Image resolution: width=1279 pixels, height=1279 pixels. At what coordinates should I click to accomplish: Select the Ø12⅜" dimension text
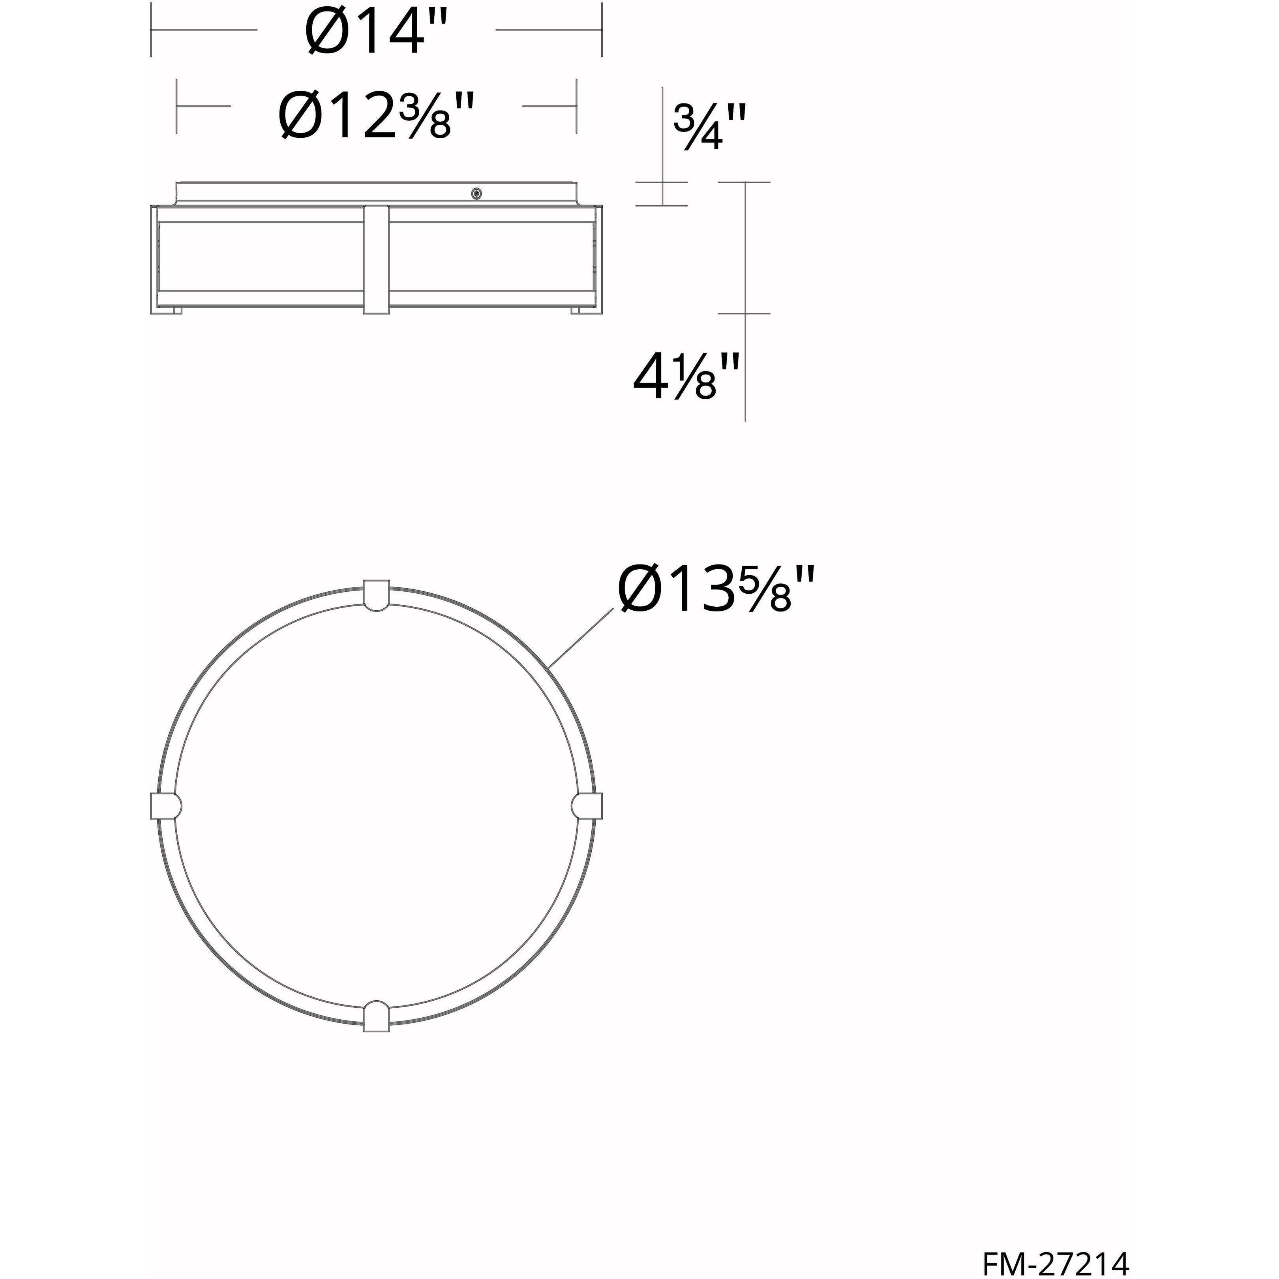[376, 115]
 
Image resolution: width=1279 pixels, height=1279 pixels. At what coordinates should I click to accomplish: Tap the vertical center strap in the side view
[377, 258]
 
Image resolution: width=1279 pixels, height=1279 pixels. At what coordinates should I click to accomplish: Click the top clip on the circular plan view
[376, 594]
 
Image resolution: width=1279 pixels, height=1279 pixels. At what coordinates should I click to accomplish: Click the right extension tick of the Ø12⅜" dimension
[577, 106]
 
